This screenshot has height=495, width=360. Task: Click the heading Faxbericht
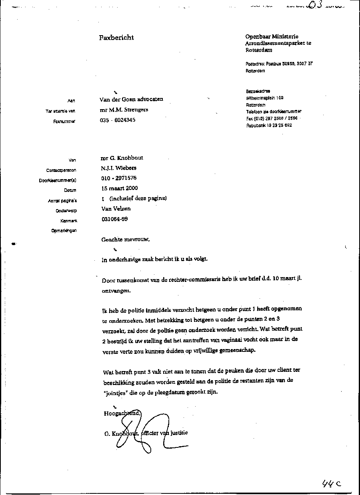116,38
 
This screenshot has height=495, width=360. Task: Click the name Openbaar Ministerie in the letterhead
272,37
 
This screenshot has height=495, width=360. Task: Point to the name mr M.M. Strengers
124,110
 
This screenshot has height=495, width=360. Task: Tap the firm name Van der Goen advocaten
131,99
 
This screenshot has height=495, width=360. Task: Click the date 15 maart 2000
119,188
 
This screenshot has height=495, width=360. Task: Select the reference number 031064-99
115,219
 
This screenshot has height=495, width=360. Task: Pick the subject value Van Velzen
116,209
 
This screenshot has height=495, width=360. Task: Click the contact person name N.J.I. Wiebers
118,168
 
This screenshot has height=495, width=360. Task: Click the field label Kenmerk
68,221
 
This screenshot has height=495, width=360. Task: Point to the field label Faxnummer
64,121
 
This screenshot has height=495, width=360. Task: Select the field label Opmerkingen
64,231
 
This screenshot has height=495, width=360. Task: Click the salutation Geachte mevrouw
126,240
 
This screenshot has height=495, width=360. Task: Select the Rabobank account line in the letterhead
269,125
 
